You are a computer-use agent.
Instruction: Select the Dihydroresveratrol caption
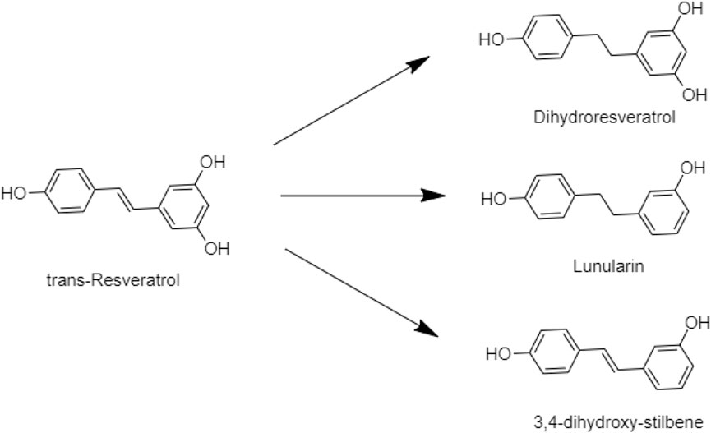[603, 117]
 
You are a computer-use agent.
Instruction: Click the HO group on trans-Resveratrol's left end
[14, 194]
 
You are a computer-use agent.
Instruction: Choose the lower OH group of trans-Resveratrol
[215, 248]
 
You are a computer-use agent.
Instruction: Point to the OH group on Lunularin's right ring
[692, 169]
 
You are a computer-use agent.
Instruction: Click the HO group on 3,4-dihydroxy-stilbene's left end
[498, 355]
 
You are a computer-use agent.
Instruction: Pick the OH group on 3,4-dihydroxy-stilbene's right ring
[693, 322]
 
